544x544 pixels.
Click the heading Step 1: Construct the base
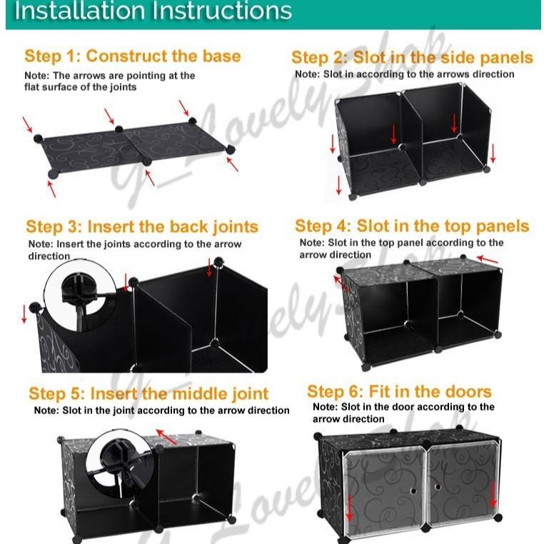click(132, 56)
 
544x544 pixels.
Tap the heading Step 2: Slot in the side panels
click(412, 58)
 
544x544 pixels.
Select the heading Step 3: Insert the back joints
click(142, 227)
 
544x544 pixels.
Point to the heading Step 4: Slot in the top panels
click(412, 226)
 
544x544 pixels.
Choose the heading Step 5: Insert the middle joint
click(148, 393)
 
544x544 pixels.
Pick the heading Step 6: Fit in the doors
click(399, 391)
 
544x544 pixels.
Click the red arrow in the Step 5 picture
click(166, 435)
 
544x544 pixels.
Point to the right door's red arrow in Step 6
click(493, 493)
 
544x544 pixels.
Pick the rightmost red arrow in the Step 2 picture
click(493, 152)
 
